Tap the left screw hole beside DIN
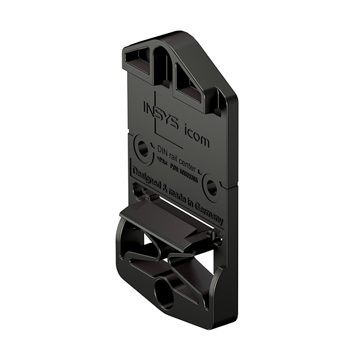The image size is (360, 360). tap(143, 148)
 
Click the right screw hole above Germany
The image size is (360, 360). tap(211, 187)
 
